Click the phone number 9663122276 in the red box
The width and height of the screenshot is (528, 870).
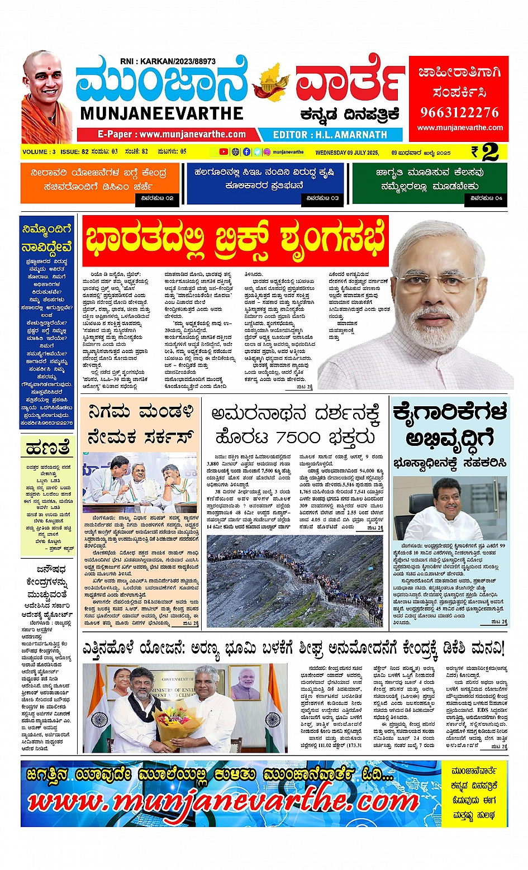point(459,112)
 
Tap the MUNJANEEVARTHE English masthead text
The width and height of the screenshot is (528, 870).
point(162,113)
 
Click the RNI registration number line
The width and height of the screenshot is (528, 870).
point(168,61)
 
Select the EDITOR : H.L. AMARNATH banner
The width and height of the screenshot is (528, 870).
point(330,135)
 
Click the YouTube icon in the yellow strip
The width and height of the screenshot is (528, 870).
point(223,152)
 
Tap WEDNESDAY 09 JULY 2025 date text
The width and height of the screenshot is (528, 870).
point(347,153)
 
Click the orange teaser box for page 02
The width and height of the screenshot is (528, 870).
point(100,183)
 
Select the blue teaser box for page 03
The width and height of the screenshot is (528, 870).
point(264,183)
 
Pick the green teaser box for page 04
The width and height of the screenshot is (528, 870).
point(429,183)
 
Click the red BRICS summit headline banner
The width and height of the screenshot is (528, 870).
point(235,241)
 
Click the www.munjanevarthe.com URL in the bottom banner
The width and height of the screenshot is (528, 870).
point(223,802)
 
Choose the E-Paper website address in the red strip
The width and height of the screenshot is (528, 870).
point(172,135)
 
